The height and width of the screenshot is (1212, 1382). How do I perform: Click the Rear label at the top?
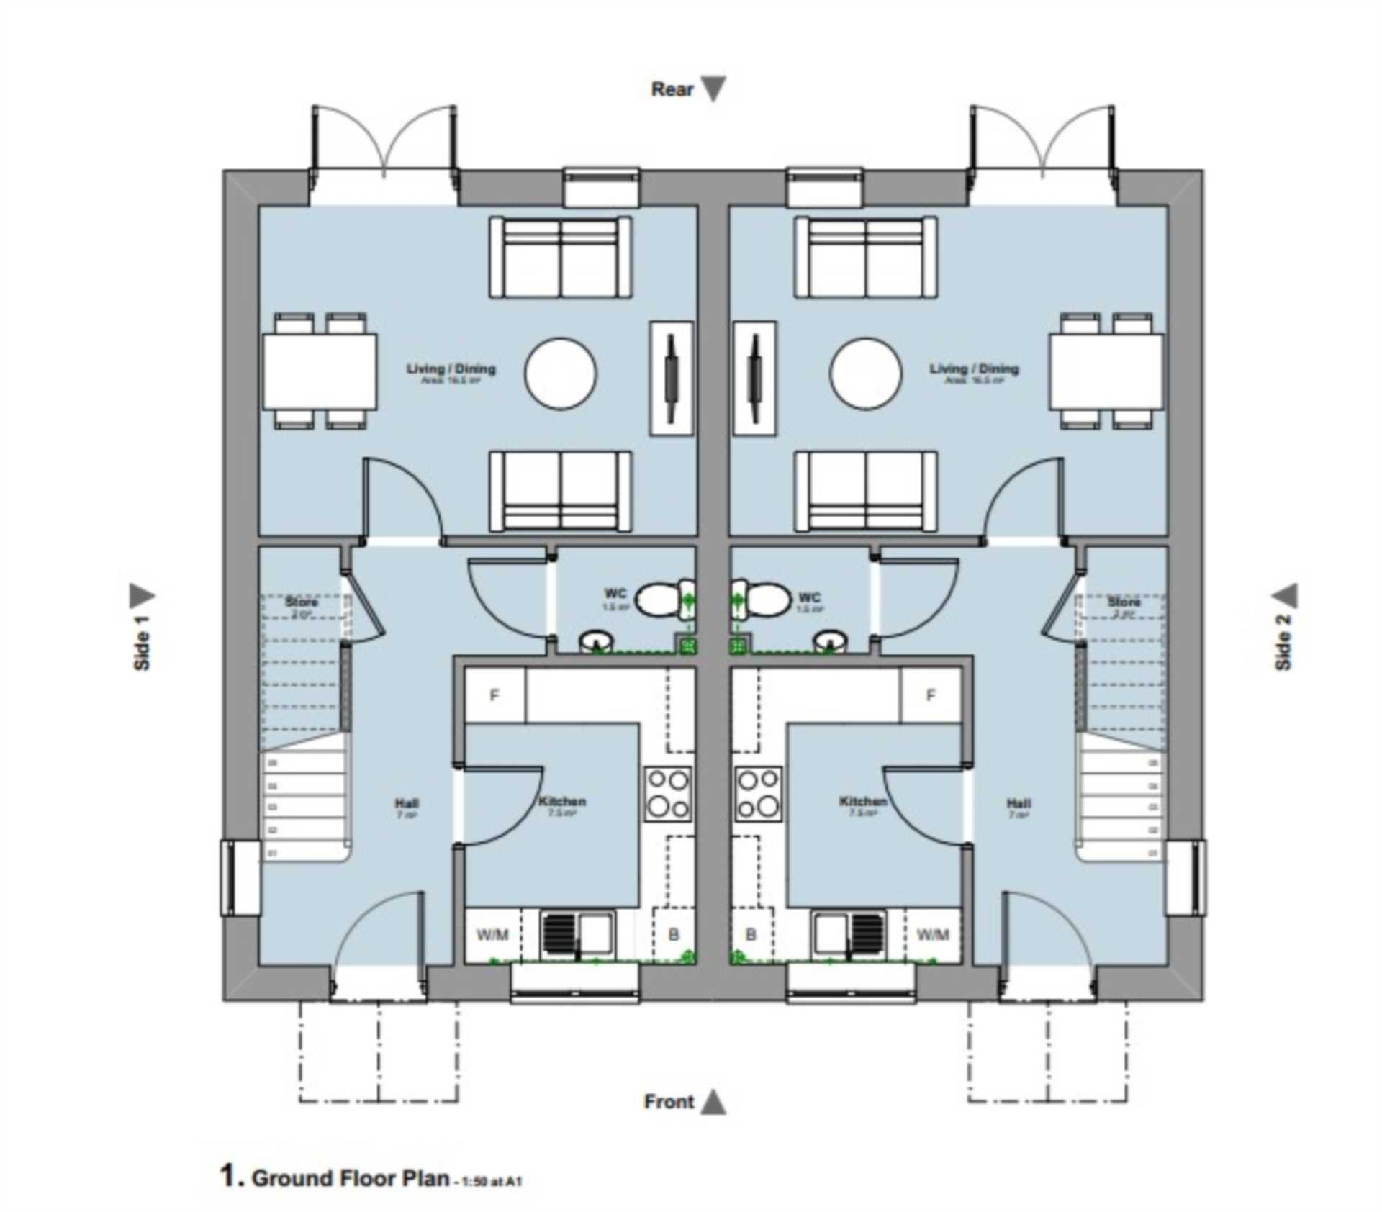click(x=672, y=89)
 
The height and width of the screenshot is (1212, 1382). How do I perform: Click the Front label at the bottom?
click(x=669, y=1102)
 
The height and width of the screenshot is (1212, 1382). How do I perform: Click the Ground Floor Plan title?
click(x=350, y=1178)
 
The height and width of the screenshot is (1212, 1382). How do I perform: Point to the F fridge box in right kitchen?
click(x=931, y=695)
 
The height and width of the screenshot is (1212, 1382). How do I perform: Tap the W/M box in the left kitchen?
click(x=493, y=934)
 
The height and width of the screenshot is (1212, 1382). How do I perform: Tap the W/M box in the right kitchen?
click(x=933, y=934)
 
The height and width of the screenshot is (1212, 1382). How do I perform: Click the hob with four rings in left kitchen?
click(x=669, y=795)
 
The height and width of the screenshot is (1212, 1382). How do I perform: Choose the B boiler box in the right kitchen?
click(x=751, y=934)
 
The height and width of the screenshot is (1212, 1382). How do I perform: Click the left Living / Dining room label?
click(x=451, y=369)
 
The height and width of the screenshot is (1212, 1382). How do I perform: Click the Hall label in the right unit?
click(x=1019, y=803)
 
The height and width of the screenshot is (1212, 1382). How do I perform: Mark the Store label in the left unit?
click(x=301, y=602)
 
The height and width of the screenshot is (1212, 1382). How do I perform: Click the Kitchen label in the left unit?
click(x=562, y=801)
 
